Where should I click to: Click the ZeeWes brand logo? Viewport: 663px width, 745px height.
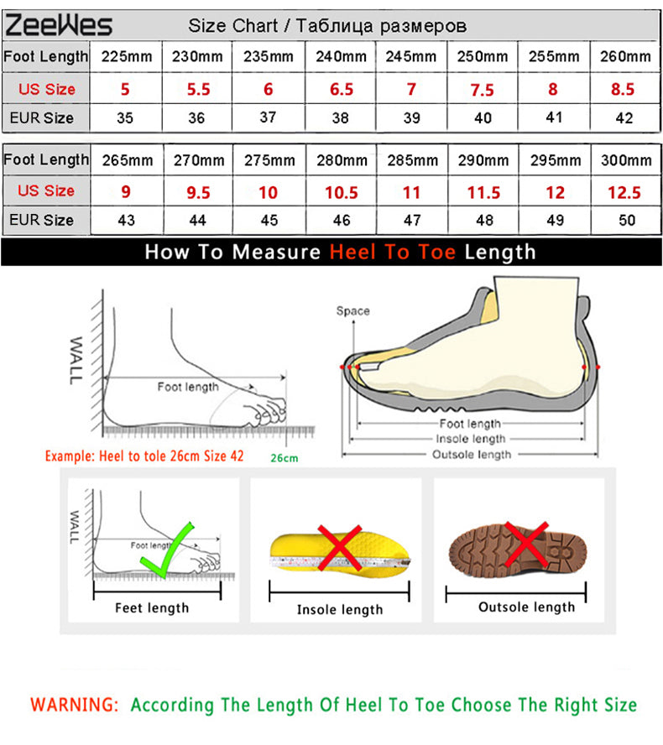coord(59,25)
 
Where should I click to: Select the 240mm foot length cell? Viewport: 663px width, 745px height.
coord(341,56)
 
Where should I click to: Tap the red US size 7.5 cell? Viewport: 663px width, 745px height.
coord(482,89)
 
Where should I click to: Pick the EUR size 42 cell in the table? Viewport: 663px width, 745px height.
coord(624,117)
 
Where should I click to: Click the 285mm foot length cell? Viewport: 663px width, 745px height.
coord(412,160)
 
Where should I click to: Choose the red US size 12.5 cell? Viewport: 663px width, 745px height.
coord(624,192)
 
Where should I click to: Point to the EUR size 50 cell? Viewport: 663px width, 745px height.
coord(626,220)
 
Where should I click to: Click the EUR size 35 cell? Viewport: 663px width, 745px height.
coord(125,117)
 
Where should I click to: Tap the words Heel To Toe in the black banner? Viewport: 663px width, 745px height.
coord(393,252)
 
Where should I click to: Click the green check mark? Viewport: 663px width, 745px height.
coord(167,550)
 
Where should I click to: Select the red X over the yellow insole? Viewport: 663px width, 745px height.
coord(339,547)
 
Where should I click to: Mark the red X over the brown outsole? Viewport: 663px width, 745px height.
coord(526,544)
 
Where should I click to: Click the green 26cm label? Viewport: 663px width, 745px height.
coord(285,458)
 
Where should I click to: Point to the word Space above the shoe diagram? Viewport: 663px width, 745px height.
coord(352,310)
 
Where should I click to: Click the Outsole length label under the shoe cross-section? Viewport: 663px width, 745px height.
coord(472,455)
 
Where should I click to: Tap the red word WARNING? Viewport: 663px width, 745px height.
coord(74,704)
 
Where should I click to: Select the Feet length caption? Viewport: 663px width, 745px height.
coord(152,607)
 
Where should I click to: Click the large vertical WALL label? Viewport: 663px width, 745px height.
coord(76,360)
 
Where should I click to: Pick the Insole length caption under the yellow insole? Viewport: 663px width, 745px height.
coord(340,610)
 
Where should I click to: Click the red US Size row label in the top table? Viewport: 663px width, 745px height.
coord(46,89)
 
